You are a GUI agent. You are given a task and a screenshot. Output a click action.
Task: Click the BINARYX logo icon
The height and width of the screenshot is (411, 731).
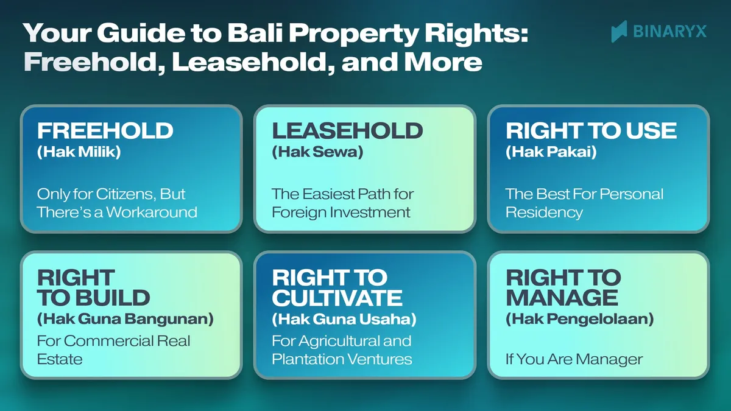click(x=620, y=31)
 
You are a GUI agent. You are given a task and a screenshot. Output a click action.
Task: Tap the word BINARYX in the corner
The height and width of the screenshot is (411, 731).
click(x=669, y=32)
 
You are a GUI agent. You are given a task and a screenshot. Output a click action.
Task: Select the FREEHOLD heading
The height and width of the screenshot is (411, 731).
click(x=105, y=130)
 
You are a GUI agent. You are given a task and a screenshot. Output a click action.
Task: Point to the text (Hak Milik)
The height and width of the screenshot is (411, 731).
click(x=79, y=152)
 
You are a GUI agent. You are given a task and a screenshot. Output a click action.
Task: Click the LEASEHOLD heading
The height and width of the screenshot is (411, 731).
click(x=347, y=130)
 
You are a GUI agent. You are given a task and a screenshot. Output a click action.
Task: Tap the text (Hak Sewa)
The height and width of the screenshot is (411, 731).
click(x=317, y=152)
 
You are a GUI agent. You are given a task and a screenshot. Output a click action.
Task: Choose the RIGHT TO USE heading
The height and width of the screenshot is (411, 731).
click(x=591, y=130)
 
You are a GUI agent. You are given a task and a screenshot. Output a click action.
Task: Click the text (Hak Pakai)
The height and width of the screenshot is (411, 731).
click(x=551, y=152)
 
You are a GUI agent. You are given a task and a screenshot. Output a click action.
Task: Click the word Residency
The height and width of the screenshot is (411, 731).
click(x=544, y=213)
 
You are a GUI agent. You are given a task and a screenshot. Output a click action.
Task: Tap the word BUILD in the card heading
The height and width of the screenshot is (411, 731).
click(x=107, y=298)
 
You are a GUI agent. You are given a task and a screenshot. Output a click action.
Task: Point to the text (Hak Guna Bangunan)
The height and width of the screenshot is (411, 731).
click(x=126, y=319)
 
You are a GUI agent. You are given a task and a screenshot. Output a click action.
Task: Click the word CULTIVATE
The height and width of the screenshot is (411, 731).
click(x=337, y=298)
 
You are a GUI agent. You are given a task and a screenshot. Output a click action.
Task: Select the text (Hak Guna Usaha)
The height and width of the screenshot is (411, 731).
click(x=345, y=319)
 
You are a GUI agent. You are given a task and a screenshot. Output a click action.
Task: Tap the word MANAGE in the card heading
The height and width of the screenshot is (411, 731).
click(x=562, y=298)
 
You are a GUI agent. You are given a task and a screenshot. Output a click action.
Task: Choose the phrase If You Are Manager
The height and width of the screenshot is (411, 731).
click(x=574, y=359)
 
